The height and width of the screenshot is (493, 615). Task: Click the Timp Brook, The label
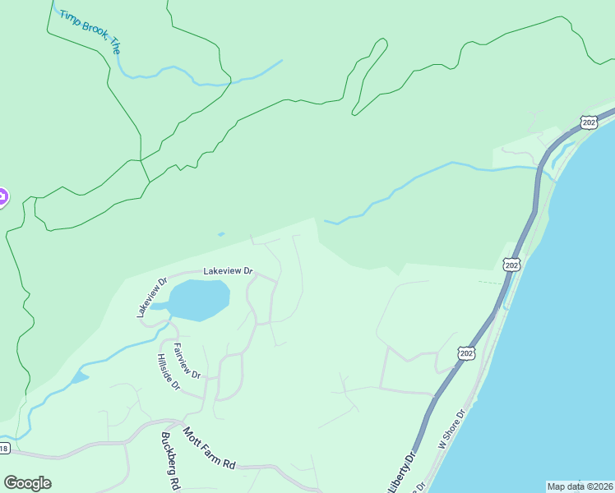pos(90,32)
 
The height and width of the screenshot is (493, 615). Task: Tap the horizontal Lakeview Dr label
pos(228,270)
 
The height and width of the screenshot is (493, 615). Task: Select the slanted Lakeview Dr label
pos(151,297)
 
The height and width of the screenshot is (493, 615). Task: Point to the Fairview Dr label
pos(187,362)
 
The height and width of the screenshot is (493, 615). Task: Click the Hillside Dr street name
pos(168,373)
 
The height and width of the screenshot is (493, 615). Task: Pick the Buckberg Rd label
pos(171,463)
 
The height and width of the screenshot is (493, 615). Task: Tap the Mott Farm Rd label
pos(209,448)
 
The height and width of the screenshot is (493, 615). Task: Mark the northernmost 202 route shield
pos(588,122)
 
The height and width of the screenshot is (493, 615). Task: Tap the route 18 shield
pos(4,449)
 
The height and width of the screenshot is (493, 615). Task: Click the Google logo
pos(27,482)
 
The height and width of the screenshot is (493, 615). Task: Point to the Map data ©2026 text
pos(580,486)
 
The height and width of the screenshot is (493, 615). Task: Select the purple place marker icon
pos(2,197)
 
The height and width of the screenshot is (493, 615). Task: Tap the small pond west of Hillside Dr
pos(80,377)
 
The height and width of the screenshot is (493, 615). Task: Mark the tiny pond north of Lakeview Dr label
pos(220,234)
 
